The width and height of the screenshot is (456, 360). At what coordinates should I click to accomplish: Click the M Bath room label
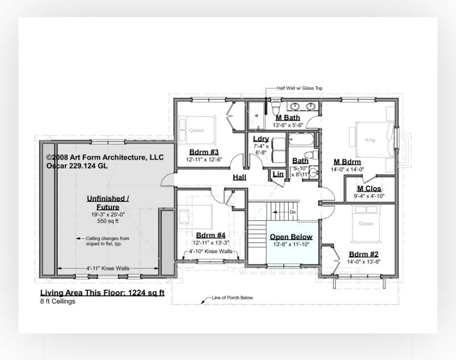tap(288, 117)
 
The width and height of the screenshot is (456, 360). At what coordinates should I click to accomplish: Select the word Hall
tap(240, 177)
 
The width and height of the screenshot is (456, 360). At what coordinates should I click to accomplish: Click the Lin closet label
tap(278, 174)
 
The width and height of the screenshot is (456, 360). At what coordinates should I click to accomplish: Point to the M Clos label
tap(369, 189)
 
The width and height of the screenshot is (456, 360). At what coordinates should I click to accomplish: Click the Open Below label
tap(291, 237)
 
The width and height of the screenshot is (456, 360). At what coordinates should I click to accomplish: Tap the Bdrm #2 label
tap(363, 255)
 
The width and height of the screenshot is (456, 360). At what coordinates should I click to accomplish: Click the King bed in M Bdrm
tap(370, 140)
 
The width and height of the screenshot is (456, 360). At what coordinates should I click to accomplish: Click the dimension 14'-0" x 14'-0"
tap(348, 170)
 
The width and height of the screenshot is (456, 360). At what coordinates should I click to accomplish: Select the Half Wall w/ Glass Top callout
tap(299, 88)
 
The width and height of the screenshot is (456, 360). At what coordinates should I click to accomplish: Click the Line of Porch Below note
tap(232, 298)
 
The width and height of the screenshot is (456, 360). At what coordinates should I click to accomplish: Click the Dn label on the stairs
tap(292, 212)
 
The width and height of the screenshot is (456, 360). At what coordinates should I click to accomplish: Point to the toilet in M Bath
tap(274, 108)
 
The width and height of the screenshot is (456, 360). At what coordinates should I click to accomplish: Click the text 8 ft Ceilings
tap(58, 301)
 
